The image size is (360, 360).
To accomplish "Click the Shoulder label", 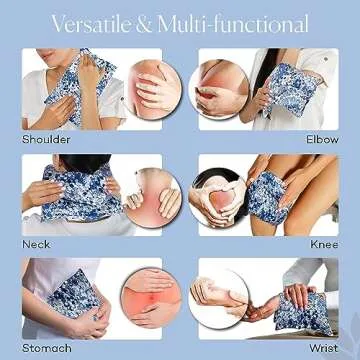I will [47, 139].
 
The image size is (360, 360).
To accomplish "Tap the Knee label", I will [322, 244].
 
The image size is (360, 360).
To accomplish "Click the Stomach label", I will [47, 348].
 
